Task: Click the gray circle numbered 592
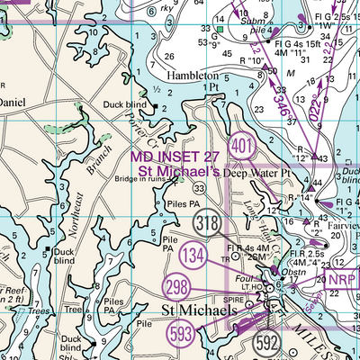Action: click(x=266, y=342)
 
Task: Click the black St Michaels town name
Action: click(x=199, y=310)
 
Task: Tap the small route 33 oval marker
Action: click(x=198, y=187)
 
